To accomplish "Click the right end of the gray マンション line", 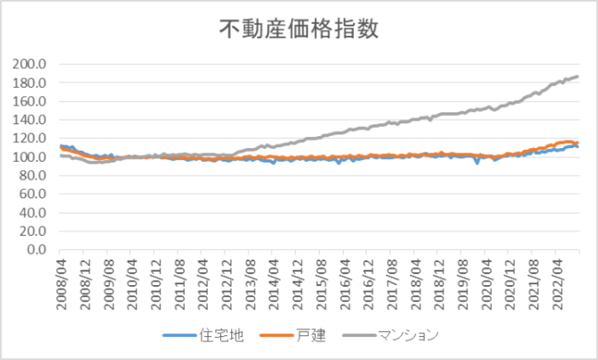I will point(578,76).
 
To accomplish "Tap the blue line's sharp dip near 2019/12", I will point(477,163).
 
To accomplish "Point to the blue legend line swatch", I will point(179,336).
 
